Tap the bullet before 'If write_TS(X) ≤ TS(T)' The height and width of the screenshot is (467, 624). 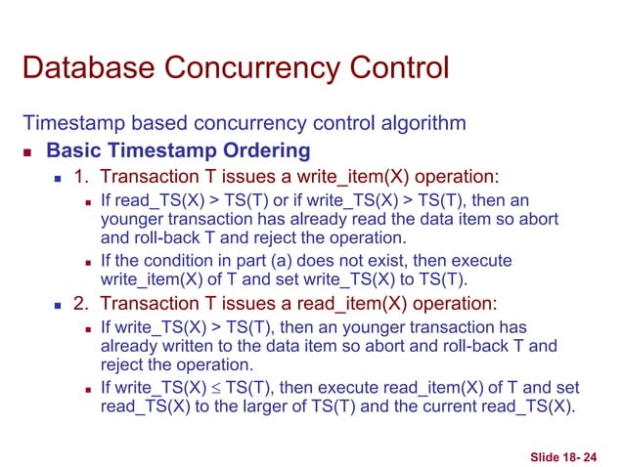(x=89, y=388)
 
